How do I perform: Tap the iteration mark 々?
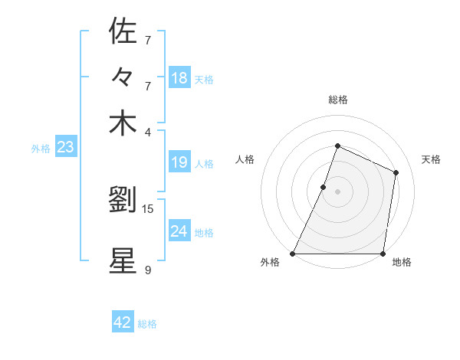(123, 77)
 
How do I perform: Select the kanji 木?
(123, 123)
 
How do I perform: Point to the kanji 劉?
(123, 201)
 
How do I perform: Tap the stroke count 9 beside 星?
(148, 270)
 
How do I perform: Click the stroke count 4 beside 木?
(148, 132)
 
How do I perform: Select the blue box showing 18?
(179, 78)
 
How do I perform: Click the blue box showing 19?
(179, 162)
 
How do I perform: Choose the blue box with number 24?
(179, 231)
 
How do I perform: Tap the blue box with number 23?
(65, 147)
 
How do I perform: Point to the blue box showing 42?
(123, 322)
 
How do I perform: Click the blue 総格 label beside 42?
(147, 324)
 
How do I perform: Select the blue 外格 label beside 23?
(41, 149)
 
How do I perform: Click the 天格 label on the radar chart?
(432, 159)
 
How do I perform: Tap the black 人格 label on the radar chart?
(245, 159)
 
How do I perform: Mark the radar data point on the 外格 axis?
(293, 254)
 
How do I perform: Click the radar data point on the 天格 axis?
(396, 172)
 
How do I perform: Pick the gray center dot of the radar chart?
(337, 191)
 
